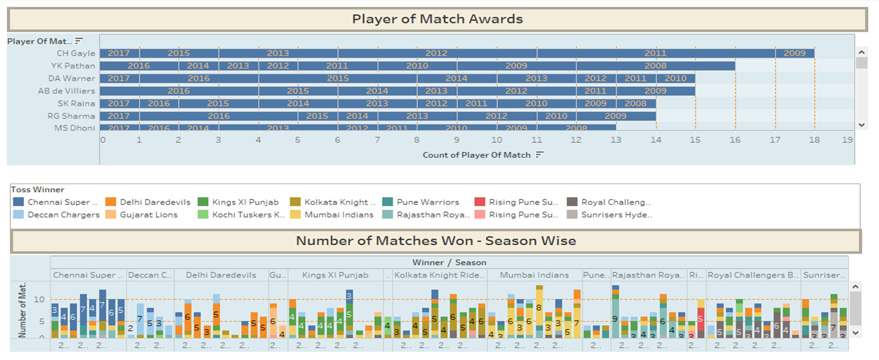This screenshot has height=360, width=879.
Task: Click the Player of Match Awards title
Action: tap(437, 19)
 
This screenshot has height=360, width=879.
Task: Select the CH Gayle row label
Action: tap(76, 53)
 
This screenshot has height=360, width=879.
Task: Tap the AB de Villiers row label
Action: tap(67, 91)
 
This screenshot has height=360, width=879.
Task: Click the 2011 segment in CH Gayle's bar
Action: tap(655, 53)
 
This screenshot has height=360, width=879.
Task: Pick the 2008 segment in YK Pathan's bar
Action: tap(655, 66)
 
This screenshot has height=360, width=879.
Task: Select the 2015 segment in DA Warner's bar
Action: tap(338, 78)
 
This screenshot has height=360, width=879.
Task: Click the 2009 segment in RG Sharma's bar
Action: tap(615, 116)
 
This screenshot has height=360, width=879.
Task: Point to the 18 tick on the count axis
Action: tap(814, 140)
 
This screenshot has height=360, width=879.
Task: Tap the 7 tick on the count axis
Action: tap(377, 140)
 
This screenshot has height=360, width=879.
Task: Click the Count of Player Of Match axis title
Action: tap(476, 155)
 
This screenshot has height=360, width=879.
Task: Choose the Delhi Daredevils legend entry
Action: tap(155, 202)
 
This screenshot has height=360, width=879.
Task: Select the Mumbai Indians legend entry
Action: tap(339, 215)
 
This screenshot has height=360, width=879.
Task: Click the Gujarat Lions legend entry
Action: tap(148, 215)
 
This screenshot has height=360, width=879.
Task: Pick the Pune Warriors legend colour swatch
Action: tap(388, 202)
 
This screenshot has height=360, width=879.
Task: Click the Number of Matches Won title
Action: tap(436, 241)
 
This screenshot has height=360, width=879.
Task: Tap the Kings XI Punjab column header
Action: tap(335, 275)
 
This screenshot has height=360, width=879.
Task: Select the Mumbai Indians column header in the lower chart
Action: tap(534, 275)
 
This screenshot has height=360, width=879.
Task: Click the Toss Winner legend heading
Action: tap(37, 190)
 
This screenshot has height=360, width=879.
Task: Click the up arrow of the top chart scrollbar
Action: tap(861, 52)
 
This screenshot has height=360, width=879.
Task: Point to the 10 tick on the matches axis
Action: tap(39, 300)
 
